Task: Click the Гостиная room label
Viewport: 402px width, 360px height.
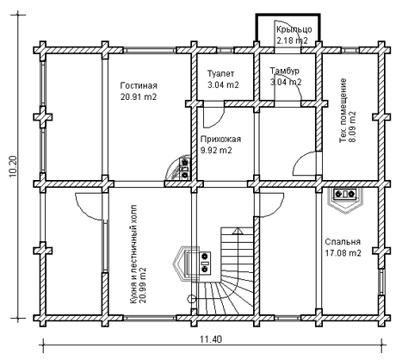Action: tap(139, 85)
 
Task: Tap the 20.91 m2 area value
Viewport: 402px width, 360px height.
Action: tap(139, 97)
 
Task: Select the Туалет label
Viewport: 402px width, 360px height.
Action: tap(220, 74)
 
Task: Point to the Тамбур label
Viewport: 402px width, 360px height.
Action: tap(285, 71)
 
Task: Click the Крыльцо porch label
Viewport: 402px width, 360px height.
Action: tap(294, 29)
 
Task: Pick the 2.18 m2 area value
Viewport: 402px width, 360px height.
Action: tap(292, 40)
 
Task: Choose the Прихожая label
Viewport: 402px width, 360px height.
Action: tap(220, 140)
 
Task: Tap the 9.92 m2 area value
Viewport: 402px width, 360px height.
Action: tap(216, 151)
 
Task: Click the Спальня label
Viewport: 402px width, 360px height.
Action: tap(343, 242)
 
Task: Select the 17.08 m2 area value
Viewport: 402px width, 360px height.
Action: tap(343, 253)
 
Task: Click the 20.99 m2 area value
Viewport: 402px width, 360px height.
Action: tap(143, 285)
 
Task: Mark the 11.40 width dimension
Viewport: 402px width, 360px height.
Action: tap(211, 339)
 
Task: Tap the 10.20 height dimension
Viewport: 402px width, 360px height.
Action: tap(14, 166)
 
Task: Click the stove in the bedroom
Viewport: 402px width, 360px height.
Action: tap(346, 200)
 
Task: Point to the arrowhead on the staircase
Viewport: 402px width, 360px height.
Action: tap(238, 231)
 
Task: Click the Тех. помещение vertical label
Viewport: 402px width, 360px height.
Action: tap(343, 110)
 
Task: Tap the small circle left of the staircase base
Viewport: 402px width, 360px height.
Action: tap(190, 299)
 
